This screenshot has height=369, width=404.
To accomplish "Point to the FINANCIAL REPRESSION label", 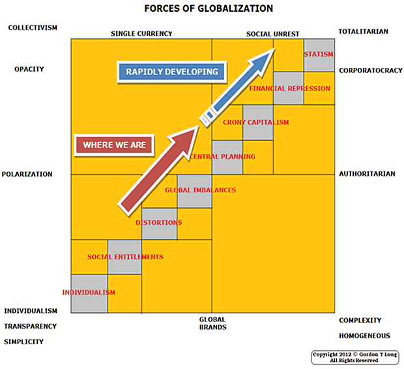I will point(290,89).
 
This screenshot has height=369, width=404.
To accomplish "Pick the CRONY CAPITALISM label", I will point(255,123).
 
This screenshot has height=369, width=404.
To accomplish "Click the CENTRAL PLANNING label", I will point(222,156).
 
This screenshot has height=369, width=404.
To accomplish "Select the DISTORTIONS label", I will point(158,223).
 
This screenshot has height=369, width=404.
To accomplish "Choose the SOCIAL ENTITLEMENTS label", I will point(125,257).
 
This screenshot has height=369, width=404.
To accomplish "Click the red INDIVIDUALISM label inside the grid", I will point(89,293).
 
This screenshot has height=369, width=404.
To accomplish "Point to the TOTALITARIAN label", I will point(364,31).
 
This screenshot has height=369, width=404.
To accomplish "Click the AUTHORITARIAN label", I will point(366,174).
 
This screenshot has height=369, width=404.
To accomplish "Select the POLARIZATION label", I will point(27,174).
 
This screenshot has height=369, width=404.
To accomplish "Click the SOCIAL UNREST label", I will point(272,33).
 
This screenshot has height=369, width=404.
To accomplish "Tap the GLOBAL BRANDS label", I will point(212,323).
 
